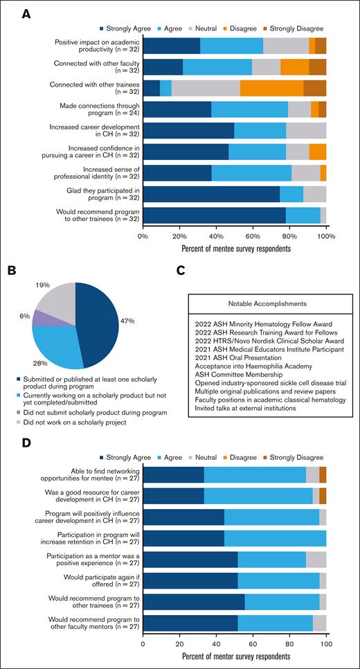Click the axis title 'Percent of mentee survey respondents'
[x=235, y=248]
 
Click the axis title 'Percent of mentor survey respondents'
[x=235, y=656]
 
